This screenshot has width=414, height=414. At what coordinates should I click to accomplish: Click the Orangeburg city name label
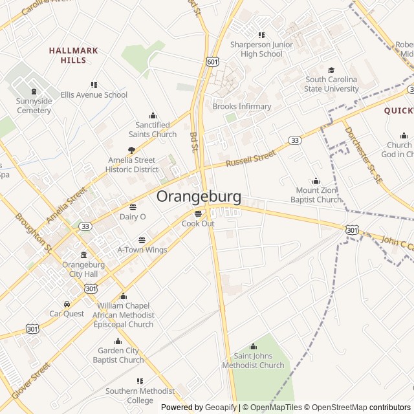(x=199, y=197)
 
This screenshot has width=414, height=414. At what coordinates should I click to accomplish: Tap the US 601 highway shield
(x=212, y=61)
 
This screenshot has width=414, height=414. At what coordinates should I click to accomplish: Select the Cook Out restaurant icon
(x=198, y=213)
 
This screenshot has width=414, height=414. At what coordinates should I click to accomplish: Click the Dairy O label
(x=133, y=217)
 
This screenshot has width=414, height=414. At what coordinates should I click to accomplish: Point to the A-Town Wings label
(x=142, y=250)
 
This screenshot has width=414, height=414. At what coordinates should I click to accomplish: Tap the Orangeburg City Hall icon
(x=83, y=256)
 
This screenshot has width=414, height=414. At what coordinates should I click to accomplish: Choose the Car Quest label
(x=67, y=314)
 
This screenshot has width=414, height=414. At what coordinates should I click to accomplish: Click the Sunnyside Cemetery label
(x=34, y=106)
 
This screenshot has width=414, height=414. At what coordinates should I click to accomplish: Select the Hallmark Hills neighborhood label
(x=73, y=55)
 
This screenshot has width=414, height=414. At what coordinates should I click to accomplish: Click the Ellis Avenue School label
(x=94, y=94)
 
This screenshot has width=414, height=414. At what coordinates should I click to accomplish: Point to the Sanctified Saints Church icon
(x=153, y=115)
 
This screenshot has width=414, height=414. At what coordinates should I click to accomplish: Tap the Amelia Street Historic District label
(x=131, y=164)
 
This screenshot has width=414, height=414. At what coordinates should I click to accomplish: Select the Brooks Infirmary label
(x=242, y=106)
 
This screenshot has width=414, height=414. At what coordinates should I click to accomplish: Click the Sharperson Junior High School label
(x=261, y=49)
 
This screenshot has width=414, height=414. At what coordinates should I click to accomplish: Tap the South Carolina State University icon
(x=332, y=71)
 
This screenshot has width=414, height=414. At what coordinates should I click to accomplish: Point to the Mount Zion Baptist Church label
(x=316, y=195)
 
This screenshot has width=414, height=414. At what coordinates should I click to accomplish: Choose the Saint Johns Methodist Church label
(x=253, y=360)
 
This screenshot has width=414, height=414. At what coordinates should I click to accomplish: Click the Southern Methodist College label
(x=140, y=395)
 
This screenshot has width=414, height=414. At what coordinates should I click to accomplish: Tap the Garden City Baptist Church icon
(x=118, y=342)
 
